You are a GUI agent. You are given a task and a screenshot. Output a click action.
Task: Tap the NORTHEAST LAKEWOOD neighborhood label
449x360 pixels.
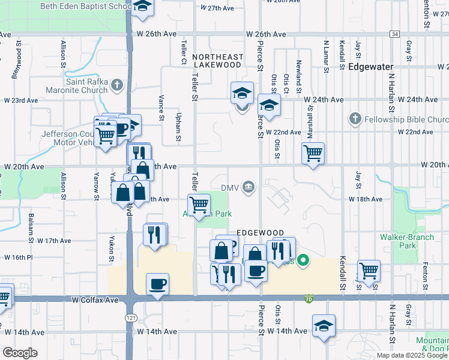(x=218, y=61)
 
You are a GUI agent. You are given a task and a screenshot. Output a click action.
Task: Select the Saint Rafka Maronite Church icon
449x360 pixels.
(x=116, y=86)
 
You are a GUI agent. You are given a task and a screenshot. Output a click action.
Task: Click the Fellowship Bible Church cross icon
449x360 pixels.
(x=355, y=119)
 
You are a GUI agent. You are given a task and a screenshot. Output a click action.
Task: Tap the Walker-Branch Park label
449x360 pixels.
(x=407, y=241)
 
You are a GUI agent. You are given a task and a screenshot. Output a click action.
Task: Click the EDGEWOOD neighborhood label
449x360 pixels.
(x=259, y=232)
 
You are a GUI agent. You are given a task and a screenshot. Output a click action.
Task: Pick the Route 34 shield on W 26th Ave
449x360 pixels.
(x=394, y=34)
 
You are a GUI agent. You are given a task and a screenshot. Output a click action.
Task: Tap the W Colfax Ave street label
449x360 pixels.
(x=96, y=299)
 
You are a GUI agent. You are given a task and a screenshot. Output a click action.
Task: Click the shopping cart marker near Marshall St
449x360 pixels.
(x=313, y=154)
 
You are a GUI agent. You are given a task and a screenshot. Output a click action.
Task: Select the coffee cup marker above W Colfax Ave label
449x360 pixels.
(x=157, y=284)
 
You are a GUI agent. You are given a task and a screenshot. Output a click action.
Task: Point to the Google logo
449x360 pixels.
(x=20, y=353)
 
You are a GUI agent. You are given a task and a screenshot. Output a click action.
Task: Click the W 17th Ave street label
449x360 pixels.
(x=54, y=241)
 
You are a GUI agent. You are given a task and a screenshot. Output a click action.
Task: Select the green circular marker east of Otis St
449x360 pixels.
(x=303, y=260)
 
